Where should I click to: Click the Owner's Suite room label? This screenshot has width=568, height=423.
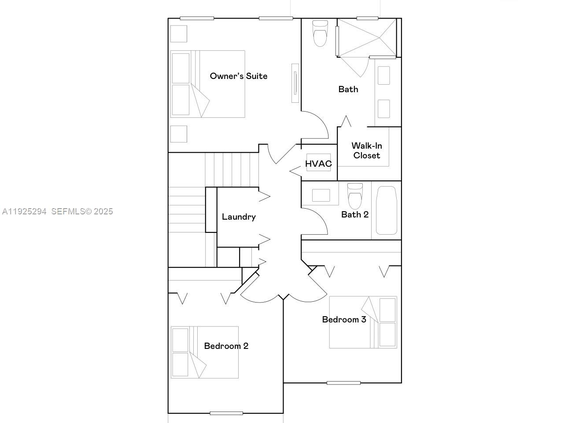(238, 76)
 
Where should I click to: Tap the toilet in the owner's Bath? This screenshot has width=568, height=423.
(320, 34)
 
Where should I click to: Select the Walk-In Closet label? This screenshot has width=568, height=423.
(366, 150)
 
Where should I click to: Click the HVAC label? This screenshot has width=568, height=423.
(318, 164)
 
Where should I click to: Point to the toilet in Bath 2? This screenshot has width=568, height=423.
(355, 196)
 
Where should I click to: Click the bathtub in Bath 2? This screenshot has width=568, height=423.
(386, 210)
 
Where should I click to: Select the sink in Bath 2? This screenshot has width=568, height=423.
(321, 195)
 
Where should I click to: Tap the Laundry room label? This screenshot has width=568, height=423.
(239, 217)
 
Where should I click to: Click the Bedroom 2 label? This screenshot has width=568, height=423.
(226, 346)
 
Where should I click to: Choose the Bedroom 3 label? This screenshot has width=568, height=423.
(344, 319)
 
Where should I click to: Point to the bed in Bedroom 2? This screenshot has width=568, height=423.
(205, 352)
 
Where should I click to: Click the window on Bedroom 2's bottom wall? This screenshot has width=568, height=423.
(226, 413)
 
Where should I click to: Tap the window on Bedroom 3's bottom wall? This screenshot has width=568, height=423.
(343, 383)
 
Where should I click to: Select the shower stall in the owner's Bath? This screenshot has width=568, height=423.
(367, 37)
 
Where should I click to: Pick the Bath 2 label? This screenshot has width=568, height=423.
(355, 215)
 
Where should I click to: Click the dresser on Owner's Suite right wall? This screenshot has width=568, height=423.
(295, 83)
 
